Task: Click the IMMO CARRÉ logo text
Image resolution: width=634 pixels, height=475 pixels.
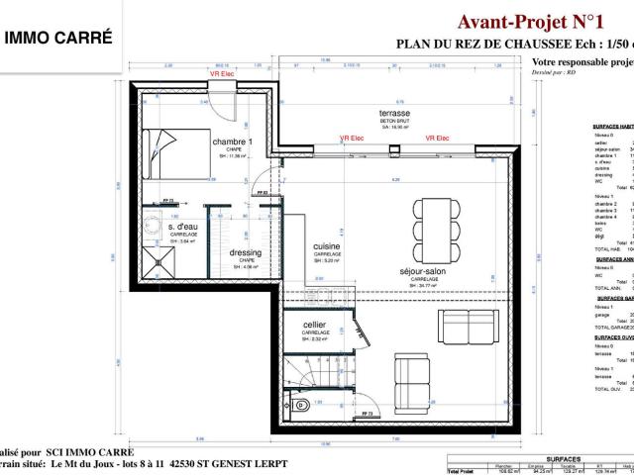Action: pyautogui.click(x=58, y=39)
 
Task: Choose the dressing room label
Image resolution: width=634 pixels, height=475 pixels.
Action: pyautogui.click(x=245, y=252)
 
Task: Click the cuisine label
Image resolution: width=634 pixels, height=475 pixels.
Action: pyautogui.click(x=327, y=245)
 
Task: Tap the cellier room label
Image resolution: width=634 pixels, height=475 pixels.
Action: pyautogui.click(x=316, y=326)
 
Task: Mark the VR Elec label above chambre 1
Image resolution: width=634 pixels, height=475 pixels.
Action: pyautogui.click(x=222, y=74)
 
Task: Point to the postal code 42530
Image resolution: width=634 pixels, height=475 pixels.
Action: pyautogui.click(x=185, y=462)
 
